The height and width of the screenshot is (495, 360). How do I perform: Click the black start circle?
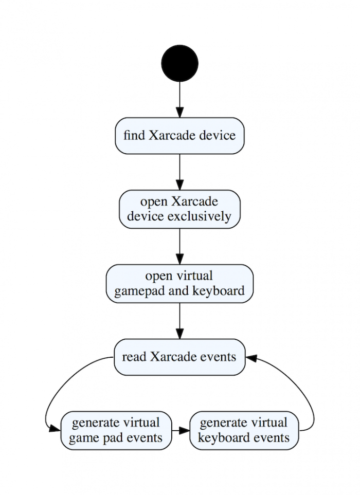pos(179,63)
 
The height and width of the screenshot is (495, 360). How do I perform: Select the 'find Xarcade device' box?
pos(179,136)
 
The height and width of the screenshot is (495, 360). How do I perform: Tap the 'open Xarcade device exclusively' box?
pos(179,209)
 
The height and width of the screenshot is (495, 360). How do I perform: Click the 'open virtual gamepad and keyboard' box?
pos(179,284)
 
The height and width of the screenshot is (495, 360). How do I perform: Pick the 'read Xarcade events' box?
pos(179,357)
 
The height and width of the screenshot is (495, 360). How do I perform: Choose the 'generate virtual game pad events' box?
pos(116,430)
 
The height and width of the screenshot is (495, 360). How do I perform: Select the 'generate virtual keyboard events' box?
pos(244,430)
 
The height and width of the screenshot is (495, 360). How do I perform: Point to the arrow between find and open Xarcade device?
pos(179,172)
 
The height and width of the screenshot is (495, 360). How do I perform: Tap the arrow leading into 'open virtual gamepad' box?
pos(179,246)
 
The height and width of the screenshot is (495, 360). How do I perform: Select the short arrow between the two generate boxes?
pos(181,430)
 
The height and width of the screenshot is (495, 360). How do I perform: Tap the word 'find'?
pos(134,136)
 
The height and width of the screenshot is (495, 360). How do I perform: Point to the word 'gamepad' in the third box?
pos(137,291)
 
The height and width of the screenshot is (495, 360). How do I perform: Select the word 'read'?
pos(134,357)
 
